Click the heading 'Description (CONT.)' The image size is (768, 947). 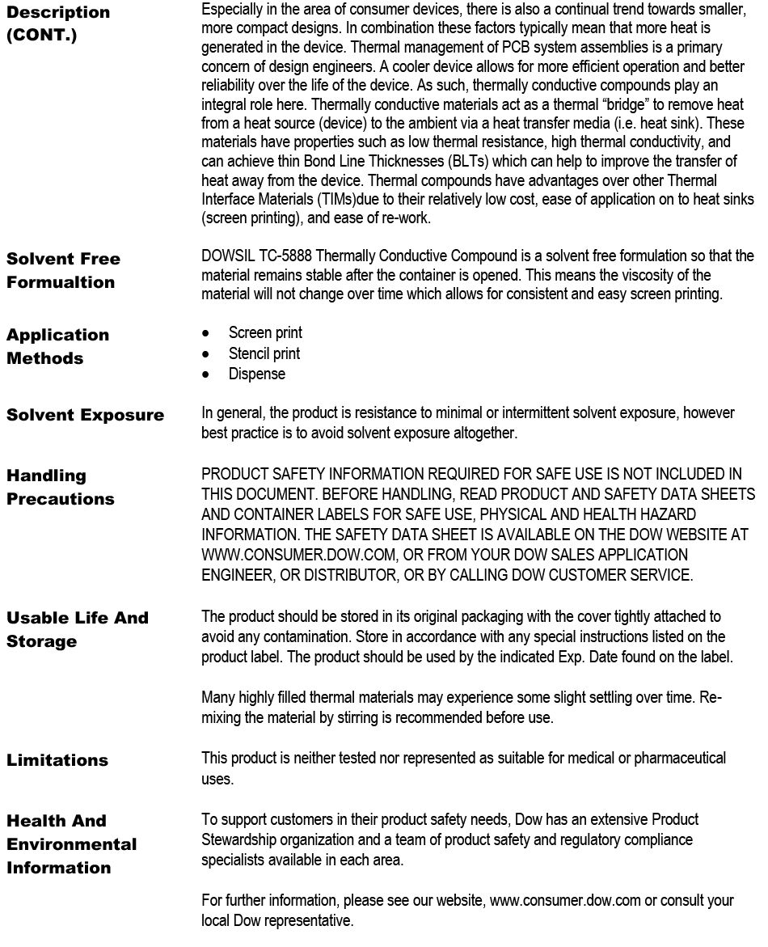click(58, 24)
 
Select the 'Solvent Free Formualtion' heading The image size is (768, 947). click(63, 270)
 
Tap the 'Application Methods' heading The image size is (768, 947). click(57, 346)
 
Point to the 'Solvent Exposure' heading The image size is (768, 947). click(85, 415)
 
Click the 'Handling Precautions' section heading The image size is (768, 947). click(60, 487)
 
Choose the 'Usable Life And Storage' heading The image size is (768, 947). click(78, 629)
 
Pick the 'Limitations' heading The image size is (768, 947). click(57, 759)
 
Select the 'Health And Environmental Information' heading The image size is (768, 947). click(71, 843)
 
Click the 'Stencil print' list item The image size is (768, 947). click(264, 353)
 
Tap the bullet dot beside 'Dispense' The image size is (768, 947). click(209, 374)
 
